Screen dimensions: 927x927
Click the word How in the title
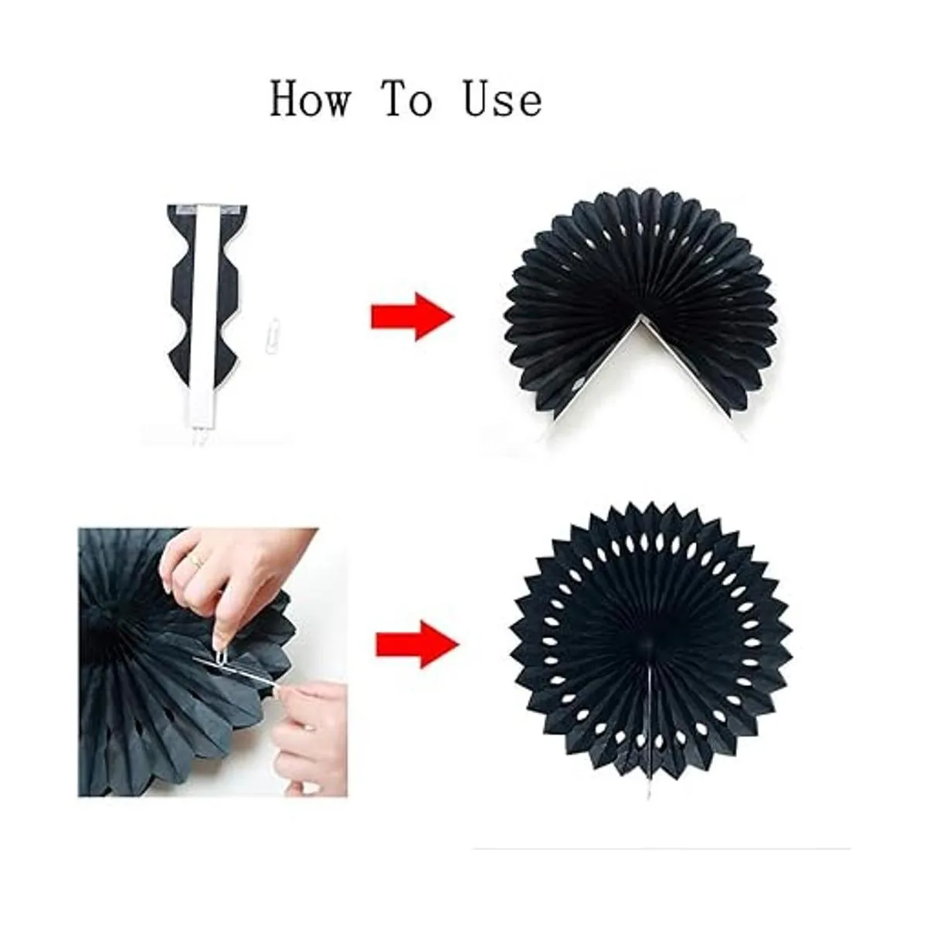(x=310, y=99)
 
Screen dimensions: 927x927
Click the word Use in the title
(x=503, y=99)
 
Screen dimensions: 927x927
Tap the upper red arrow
(x=413, y=317)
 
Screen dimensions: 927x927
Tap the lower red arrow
(x=417, y=644)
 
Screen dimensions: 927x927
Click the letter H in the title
(x=286, y=99)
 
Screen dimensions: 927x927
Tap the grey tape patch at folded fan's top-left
(x=185, y=209)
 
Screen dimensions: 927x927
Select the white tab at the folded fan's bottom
(x=204, y=440)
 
